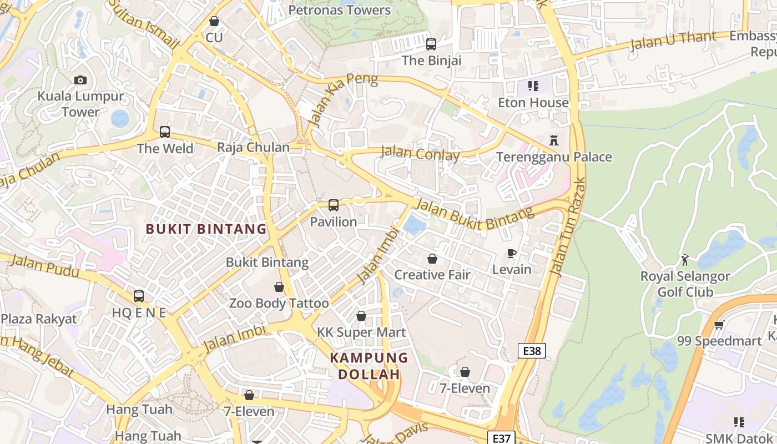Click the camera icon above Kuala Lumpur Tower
click(x=80, y=80)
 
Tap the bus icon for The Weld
click(x=165, y=132)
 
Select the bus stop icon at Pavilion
click(x=333, y=205)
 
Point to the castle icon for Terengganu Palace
click(x=553, y=140)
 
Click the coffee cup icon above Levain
click(x=512, y=254)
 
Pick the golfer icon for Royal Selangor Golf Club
click(x=684, y=259)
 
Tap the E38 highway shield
click(x=532, y=351)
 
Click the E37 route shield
click(x=501, y=438)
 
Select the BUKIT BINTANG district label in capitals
click(x=206, y=229)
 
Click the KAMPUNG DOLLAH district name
click(x=369, y=366)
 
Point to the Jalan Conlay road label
click(x=420, y=154)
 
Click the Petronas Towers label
click(x=340, y=10)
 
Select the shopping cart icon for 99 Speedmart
click(x=719, y=325)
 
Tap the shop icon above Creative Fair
click(x=432, y=259)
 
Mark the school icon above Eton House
click(x=533, y=86)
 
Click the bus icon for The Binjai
click(x=431, y=44)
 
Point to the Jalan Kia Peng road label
click(x=344, y=99)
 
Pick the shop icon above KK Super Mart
click(x=361, y=316)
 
